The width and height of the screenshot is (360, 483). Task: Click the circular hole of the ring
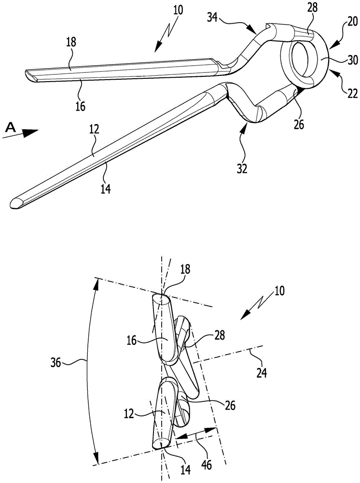(301, 59)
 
